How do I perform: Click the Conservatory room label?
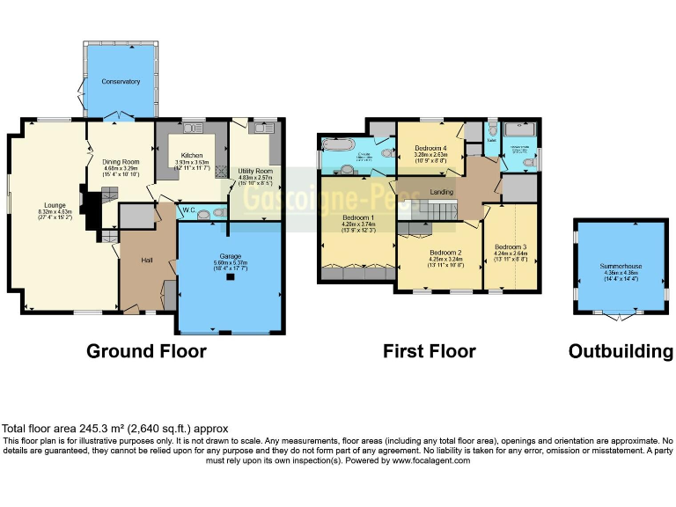coord(120,82)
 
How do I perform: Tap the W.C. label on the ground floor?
coord(188,211)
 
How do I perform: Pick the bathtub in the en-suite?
coord(337,145)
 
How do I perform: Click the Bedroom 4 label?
coord(431,148)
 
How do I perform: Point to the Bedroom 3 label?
coord(511,246)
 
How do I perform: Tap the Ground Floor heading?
coord(146,351)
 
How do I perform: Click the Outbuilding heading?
coord(621,351)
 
